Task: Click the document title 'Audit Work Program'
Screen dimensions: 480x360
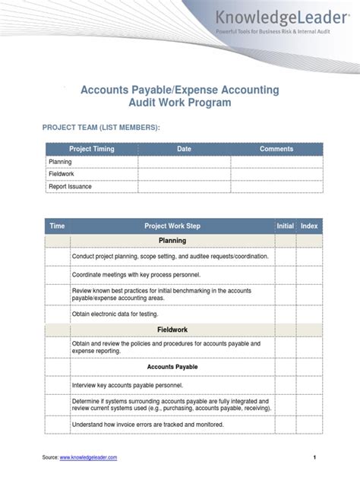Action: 180,103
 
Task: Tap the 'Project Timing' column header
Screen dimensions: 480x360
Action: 92,149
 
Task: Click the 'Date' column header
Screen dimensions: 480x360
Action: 185,149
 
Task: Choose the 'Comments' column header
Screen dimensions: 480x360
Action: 276,149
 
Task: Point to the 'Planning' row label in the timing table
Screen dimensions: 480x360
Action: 60,162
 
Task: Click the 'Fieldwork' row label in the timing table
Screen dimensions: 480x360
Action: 62,174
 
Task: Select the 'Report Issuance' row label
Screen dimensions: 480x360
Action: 70,186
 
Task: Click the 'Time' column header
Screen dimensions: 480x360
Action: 57,226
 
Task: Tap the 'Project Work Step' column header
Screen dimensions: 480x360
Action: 172,226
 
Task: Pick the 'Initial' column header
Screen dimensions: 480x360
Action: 285,226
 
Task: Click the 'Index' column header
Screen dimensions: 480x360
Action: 309,226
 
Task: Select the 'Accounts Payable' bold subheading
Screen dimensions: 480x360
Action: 172,367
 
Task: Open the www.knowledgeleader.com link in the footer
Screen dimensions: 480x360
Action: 88,458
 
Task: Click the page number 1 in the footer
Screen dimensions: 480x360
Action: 313,458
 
